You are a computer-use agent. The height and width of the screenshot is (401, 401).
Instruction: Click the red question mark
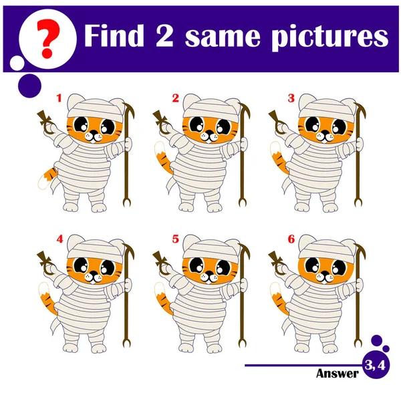48,38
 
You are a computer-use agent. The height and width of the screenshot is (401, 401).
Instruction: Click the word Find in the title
114,35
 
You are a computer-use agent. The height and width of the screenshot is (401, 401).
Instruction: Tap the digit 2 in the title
164,35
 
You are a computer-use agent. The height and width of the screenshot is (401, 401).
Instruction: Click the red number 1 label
59,98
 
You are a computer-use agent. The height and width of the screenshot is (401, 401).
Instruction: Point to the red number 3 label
291,98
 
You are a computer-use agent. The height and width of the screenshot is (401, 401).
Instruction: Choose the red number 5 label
175,239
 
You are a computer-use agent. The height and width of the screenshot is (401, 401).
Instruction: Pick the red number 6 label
291,239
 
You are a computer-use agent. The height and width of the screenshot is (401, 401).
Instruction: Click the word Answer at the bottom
338,374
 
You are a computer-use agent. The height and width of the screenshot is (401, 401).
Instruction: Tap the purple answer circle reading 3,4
376,365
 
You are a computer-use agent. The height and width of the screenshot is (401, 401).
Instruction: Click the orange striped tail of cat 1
47,177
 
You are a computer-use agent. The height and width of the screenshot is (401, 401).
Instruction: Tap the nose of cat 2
210,132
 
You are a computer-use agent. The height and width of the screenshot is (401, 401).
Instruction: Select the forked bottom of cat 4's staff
126,342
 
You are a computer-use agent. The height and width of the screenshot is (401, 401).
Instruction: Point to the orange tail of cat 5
164,302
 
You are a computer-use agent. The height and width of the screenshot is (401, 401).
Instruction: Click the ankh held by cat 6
277,264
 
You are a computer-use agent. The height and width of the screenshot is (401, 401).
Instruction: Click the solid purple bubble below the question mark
29,86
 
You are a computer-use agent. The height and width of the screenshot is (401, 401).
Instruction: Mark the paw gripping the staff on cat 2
244,144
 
